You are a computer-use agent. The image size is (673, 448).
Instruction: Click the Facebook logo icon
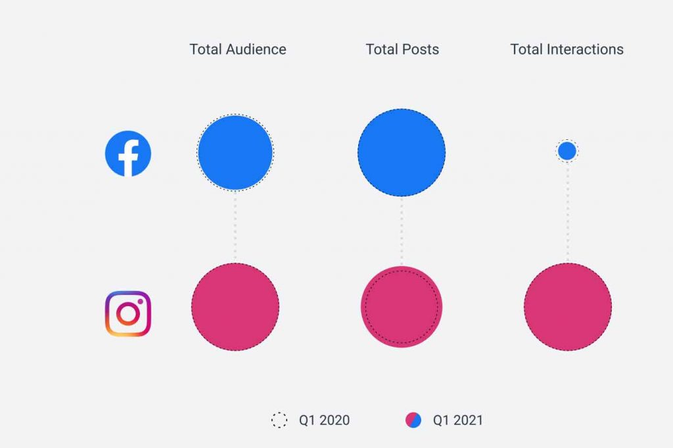click(128, 154)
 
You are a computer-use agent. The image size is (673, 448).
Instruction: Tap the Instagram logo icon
click(128, 314)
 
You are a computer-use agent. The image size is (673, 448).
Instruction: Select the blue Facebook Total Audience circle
click(235, 152)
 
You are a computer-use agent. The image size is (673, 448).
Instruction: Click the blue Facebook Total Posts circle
click(402, 152)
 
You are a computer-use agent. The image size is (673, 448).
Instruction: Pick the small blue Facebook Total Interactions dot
click(567, 151)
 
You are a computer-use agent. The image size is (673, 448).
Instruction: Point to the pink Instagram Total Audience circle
click(235, 307)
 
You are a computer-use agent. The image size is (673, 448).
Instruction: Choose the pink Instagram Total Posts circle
click(402, 307)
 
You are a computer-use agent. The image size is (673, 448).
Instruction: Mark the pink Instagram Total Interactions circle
click(568, 307)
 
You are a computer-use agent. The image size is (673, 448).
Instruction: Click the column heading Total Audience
click(238, 49)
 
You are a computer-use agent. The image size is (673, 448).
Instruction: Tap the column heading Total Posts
click(402, 49)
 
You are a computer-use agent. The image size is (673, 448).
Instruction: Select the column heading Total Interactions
click(567, 49)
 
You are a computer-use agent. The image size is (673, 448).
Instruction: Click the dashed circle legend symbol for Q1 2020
click(279, 420)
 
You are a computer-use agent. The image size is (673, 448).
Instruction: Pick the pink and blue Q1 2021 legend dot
click(413, 420)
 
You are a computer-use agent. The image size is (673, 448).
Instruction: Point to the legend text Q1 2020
click(324, 420)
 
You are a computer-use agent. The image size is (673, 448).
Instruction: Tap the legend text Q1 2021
click(457, 420)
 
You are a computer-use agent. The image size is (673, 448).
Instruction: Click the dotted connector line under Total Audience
click(235, 227)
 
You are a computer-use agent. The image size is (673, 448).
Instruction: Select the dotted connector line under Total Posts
click(402, 230)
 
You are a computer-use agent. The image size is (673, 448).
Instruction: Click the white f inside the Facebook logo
click(129, 158)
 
